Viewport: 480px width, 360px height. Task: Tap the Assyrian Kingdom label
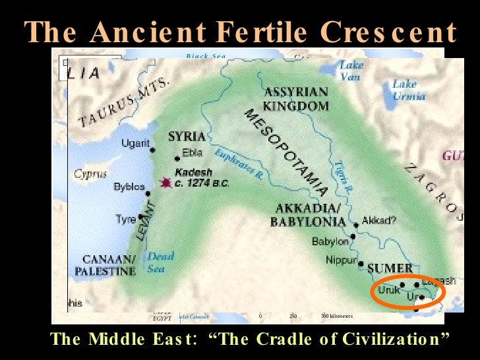296,98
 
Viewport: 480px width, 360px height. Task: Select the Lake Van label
350,71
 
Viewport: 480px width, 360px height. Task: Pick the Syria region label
187,136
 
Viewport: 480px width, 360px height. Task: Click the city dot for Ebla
177,158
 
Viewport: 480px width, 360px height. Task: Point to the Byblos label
128,187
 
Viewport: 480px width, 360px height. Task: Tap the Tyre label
125,219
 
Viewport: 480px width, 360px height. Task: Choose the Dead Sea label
161,262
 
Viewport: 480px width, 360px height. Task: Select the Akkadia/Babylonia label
307,216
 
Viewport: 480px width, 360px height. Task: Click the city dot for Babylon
354,236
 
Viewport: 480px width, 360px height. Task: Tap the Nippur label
341,261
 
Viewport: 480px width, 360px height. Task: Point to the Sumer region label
389,268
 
